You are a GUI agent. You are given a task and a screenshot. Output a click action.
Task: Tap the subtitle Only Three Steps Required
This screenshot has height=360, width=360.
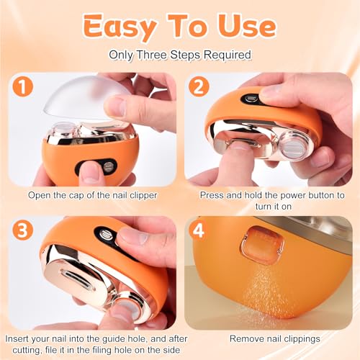180,55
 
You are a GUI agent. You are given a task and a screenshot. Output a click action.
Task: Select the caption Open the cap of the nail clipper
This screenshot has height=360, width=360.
91,195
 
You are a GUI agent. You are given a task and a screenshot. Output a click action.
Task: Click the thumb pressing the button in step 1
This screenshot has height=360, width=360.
90,171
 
